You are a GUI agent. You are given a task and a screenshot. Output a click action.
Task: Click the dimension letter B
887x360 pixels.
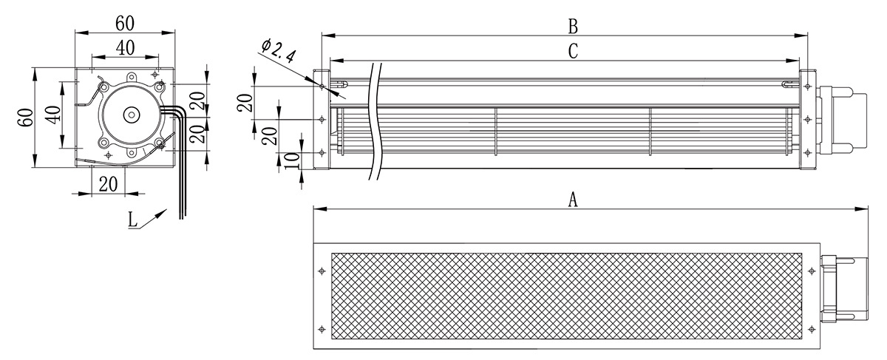click(573, 27)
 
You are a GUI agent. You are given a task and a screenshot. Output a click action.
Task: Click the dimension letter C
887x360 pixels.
click(573, 51)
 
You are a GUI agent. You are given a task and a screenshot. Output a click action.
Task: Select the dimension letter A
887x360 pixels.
click(573, 200)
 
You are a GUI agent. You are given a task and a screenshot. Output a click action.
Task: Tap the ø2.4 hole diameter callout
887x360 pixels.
click(278, 52)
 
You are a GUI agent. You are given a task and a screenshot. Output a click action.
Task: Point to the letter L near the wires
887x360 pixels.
click(132, 220)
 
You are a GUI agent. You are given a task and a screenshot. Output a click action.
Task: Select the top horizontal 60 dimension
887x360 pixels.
click(125, 24)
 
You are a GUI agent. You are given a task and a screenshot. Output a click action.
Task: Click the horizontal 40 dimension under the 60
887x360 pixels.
click(125, 48)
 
